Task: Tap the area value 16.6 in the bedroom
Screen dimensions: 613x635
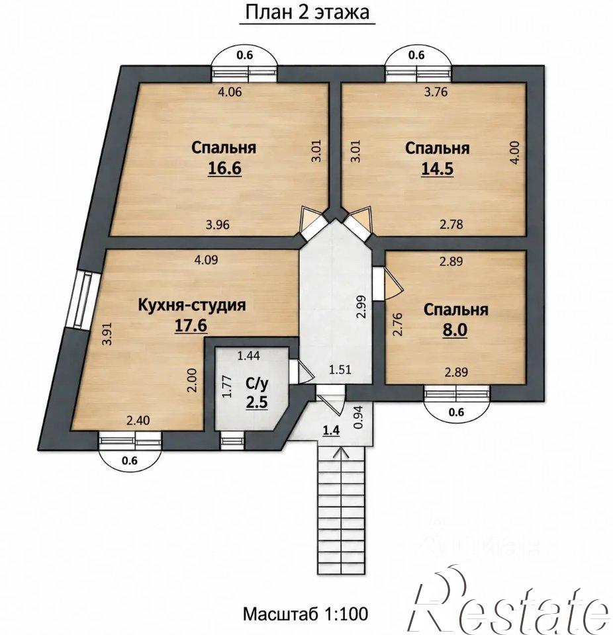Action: (x=224, y=168)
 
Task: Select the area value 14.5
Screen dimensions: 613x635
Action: (x=438, y=169)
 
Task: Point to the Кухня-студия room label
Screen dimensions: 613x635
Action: (x=192, y=304)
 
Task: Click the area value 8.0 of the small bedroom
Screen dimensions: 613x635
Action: (x=455, y=329)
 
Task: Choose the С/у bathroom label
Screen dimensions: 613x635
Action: (x=257, y=383)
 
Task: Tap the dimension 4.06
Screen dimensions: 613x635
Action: (x=230, y=92)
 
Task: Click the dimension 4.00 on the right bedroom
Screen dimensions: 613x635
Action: (x=515, y=152)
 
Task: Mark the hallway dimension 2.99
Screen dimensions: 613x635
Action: (x=362, y=308)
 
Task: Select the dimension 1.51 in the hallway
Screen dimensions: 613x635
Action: (x=340, y=369)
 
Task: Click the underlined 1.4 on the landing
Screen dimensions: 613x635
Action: (x=331, y=431)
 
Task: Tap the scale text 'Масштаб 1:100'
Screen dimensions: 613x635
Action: (x=306, y=614)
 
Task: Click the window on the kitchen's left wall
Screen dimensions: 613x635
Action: (x=83, y=300)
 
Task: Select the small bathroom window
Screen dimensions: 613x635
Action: (x=233, y=441)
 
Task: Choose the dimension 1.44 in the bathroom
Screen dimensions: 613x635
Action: (x=248, y=356)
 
